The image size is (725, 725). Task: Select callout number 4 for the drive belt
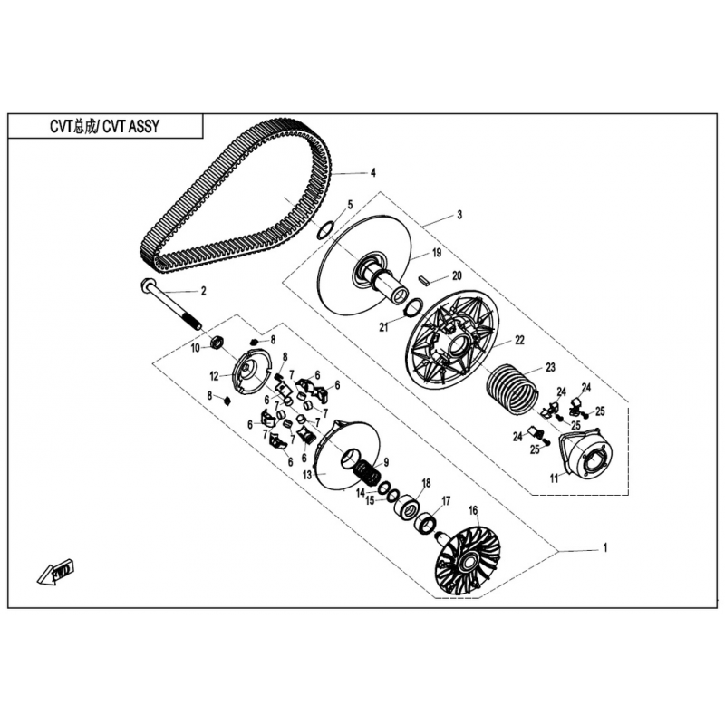pyautogui.click(x=373, y=173)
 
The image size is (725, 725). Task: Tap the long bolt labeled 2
pyautogui.click(x=170, y=304)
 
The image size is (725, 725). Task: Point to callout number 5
pyautogui.click(x=350, y=205)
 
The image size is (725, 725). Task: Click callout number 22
pyautogui.click(x=519, y=340)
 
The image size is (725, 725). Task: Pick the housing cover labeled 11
pyautogui.click(x=585, y=456)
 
